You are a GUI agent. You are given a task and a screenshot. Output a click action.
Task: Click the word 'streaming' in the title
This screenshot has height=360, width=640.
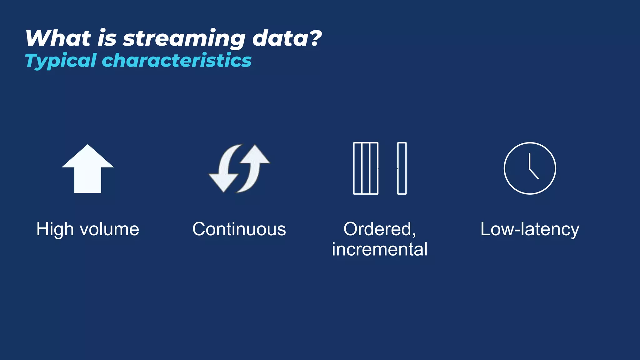(x=184, y=39)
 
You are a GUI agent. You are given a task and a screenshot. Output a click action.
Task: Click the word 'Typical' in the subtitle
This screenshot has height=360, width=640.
(x=61, y=61)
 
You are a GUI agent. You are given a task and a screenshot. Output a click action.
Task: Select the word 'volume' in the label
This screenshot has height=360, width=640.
(x=109, y=229)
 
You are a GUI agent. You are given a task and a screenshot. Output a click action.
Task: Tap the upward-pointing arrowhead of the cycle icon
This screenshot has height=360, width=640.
(x=256, y=155)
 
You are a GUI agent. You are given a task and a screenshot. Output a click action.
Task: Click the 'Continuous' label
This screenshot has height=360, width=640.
(x=239, y=229)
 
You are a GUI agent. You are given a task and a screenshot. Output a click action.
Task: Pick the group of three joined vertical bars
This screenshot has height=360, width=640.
(x=366, y=168)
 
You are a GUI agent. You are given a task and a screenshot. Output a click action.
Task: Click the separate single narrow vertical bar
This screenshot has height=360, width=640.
(x=402, y=168)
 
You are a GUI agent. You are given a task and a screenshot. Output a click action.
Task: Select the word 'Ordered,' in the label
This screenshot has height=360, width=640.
(x=380, y=229)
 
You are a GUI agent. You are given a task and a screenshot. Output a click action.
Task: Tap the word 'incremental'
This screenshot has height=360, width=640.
(x=380, y=249)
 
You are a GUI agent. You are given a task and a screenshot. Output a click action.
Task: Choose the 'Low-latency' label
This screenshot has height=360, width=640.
(x=530, y=229)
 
